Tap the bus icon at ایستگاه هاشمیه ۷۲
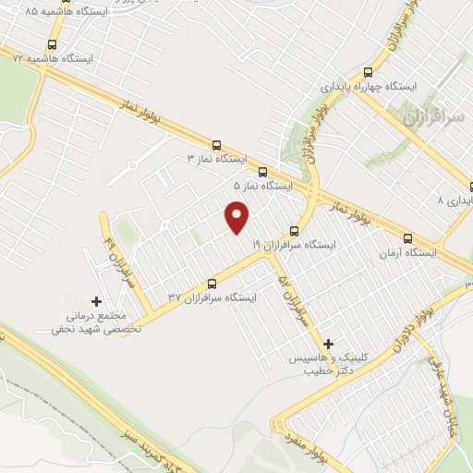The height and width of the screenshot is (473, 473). point(52,43)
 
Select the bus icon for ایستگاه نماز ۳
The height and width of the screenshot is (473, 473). point(217,144)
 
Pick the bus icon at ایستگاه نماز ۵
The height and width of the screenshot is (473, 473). point(263,172)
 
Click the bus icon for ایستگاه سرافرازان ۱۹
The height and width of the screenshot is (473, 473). point(295,231)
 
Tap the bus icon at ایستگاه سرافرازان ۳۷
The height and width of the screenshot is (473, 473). point(212,284)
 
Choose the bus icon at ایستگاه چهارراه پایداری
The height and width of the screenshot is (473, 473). point(368,72)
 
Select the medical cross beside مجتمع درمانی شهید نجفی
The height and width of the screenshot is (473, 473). point(97,300)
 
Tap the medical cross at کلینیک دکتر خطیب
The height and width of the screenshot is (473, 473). point(328,343)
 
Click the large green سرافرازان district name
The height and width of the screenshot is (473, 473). point(429,117)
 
